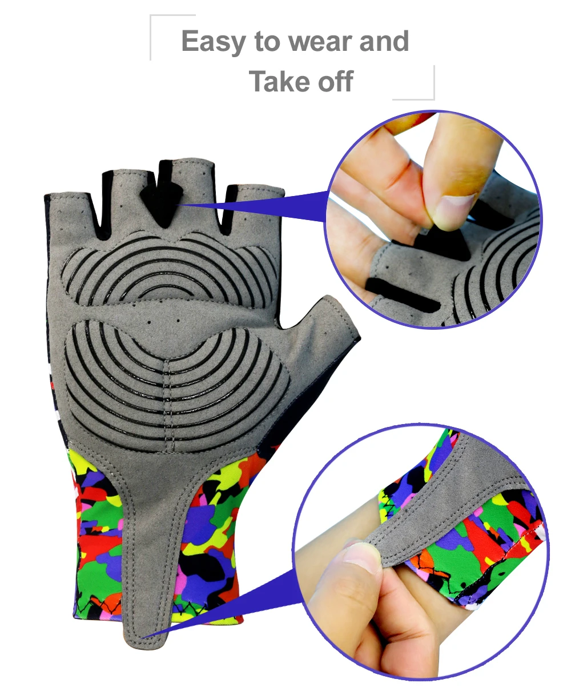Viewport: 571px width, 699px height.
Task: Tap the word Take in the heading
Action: (280, 81)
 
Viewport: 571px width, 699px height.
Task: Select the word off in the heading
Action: (336, 81)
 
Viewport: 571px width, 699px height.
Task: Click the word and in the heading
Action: (384, 41)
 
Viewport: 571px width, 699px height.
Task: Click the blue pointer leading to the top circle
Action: (252, 206)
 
